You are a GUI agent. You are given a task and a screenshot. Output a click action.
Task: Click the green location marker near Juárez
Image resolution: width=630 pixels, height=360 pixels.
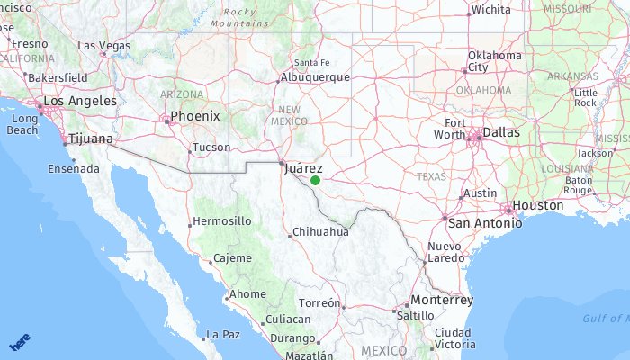point(315,180)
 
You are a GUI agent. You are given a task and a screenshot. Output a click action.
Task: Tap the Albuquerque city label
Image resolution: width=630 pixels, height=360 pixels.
point(315,77)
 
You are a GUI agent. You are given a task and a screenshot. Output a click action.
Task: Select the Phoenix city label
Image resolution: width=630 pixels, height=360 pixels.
point(195,116)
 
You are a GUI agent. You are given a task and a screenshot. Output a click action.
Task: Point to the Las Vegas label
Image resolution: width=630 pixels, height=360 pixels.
point(103,45)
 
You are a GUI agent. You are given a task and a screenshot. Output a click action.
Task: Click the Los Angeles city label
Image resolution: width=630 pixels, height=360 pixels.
point(80,101)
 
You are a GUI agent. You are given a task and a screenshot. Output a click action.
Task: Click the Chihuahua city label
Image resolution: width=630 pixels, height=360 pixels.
point(321,231)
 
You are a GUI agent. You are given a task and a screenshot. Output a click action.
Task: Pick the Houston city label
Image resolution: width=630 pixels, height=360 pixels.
point(538,205)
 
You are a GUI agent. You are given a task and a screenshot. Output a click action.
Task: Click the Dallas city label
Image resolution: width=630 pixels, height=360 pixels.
point(501,132)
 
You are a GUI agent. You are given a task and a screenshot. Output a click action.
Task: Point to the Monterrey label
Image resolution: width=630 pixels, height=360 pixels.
point(441,300)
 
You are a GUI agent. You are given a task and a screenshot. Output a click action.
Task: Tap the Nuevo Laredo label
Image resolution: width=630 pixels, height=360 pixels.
point(445,252)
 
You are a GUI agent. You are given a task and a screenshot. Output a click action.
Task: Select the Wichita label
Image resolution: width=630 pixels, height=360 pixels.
point(490,10)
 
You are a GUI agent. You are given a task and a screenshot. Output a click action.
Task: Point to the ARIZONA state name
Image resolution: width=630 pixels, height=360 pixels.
point(183,94)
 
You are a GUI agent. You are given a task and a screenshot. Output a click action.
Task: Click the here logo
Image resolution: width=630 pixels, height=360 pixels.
point(20,344)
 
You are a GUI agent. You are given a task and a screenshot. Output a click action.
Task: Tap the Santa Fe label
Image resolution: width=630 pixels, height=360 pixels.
point(312,62)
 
